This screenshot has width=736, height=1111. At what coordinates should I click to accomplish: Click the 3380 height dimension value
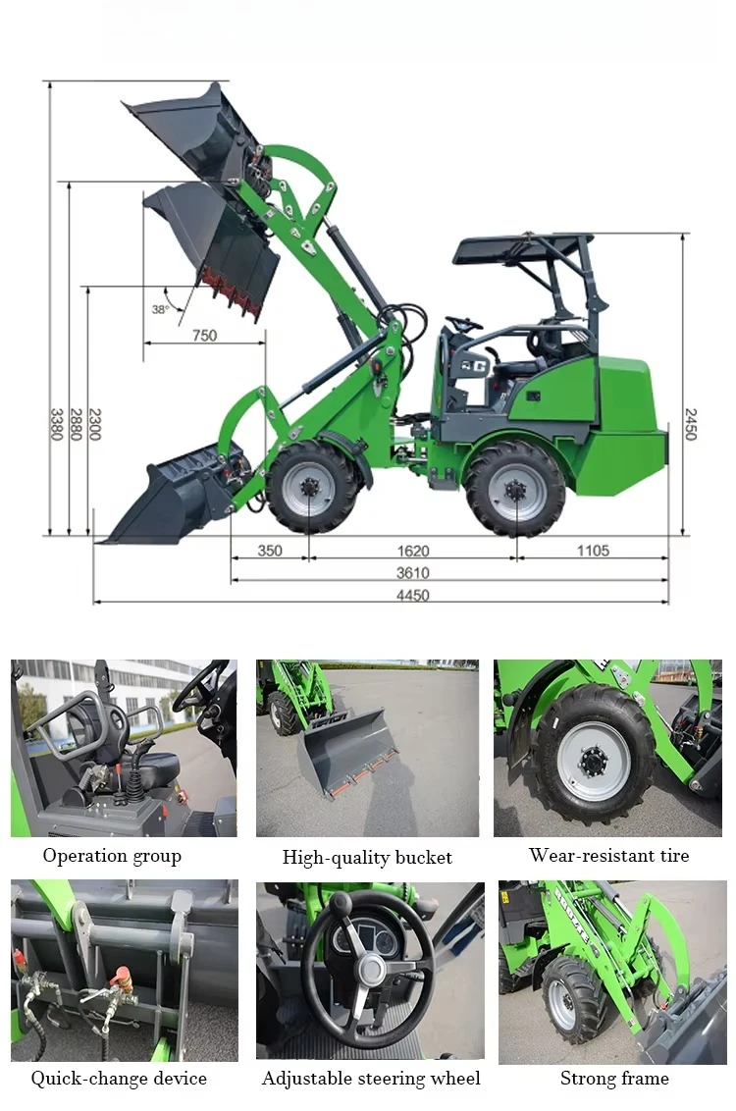pyautogui.click(x=57, y=424)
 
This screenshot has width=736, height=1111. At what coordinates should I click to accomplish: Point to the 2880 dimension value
pyautogui.click(x=76, y=424)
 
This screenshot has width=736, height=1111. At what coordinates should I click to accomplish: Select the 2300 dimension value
pyautogui.click(x=95, y=424)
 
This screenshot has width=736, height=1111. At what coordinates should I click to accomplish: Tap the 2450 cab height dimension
pyautogui.click(x=690, y=424)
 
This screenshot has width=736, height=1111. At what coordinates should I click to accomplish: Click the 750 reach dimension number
pyautogui.click(x=204, y=336)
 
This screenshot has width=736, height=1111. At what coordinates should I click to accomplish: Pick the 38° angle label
pyautogui.click(x=160, y=309)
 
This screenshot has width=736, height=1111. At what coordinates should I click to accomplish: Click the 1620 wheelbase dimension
pyautogui.click(x=413, y=551)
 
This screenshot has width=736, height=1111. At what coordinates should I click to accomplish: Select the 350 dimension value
pyautogui.click(x=270, y=551)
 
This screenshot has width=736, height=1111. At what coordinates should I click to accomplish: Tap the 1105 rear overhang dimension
pyautogui.click(x=592, y=551)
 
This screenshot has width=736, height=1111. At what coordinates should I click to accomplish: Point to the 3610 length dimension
pyautogui.click(x=413, y=573)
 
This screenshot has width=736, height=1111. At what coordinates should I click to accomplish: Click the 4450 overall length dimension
pyautogui.click(x=413, y=596)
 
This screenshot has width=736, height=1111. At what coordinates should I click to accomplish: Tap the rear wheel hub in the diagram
pyautogui.click(x=516, y=488)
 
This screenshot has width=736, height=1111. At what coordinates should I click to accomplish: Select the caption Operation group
pyautogui.click(x=112, y=856)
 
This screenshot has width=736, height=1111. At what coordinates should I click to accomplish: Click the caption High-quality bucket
pyautogui.click(x=367, y=858)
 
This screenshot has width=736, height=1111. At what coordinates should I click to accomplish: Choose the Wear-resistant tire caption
pyautogui.click(x=608, y=856)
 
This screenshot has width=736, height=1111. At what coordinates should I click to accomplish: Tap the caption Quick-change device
pyautogui.click(x=119, y=1079)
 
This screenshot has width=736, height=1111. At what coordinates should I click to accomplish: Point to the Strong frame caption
pyautogui.click(x=614, y=1079)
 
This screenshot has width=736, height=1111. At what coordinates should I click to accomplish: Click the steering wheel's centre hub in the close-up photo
pyautogui.click(x=371, y=970)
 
